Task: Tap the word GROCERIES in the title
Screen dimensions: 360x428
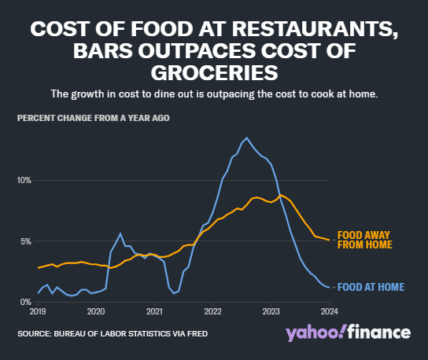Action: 214,72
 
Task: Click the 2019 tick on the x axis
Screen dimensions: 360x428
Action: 37,312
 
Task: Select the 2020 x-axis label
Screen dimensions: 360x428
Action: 95,312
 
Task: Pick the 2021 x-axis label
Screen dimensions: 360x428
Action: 154,312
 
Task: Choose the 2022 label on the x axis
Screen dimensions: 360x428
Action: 212,312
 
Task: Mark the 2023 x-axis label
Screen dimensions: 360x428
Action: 271,312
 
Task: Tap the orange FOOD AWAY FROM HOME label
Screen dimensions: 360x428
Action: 364,240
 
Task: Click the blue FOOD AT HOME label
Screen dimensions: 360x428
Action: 370,287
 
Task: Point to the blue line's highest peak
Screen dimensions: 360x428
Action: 247,138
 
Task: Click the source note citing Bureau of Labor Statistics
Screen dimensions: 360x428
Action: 113,332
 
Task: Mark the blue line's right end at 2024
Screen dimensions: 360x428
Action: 329,288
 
